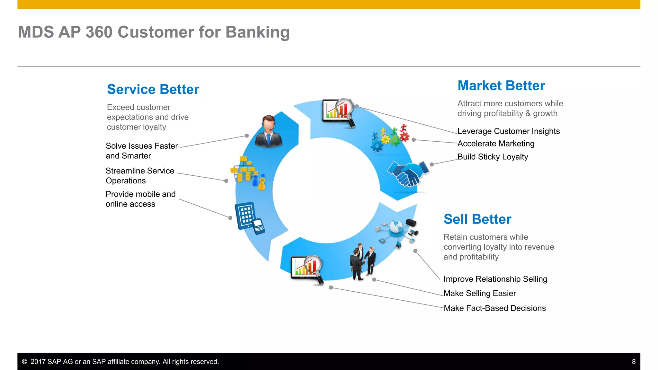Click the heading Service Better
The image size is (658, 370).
(x=153, y=89)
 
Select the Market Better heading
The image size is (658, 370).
(x=501, y=86)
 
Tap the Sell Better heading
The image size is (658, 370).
(x=477, y=219)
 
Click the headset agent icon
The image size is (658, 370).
(x=269, y=132)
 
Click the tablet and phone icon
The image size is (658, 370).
(x=249, y=218)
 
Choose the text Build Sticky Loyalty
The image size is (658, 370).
(x=493, y=157)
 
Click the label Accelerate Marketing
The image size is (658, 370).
(x=496, y=144)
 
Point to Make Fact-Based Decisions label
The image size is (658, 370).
(x=494, y=308)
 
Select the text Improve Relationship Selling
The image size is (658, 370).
(x=495, y=279)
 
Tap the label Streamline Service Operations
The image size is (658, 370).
(x=140, y=176)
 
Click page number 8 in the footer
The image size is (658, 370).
(x=634, y=362)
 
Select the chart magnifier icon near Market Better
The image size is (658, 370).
(x=339, y=112)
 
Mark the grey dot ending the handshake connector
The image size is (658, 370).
(x=432, y=164)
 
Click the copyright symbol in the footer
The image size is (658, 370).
(x=24, y=362)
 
